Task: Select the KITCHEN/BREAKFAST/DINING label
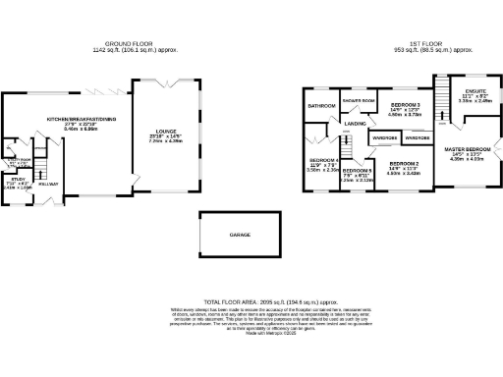(x=69, y=119)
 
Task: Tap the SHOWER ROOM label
(x=359, y=101)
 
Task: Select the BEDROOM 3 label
(x=406, y=104)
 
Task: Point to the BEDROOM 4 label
(x=323, y=160)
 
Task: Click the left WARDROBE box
(x=384, y=138)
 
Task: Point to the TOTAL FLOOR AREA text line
(x=252, y=300)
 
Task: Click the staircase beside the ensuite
(x=443, y=98)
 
